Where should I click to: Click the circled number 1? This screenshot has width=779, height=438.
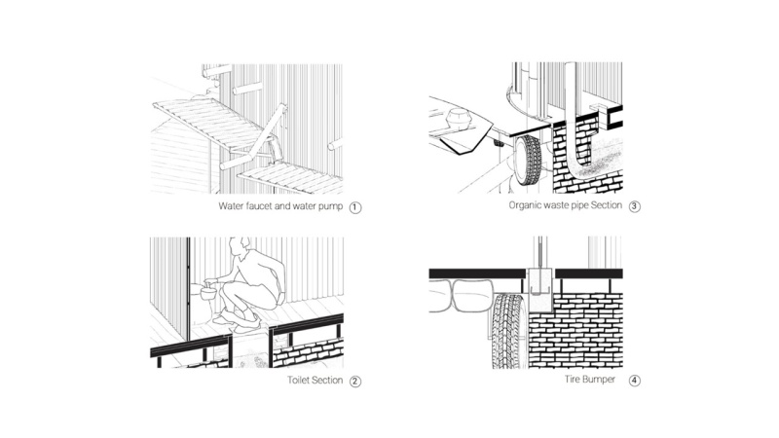(354, 207)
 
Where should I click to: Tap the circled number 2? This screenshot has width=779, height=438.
(354, 382)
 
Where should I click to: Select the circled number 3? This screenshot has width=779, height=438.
(635, 206)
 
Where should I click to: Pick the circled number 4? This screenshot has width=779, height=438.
(635, 381)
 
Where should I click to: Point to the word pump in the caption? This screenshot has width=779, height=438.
(330, 207)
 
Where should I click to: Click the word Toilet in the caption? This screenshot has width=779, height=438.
(300, 380)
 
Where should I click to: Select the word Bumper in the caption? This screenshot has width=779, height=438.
(599, 380)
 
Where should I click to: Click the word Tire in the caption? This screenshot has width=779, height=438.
(572, 380)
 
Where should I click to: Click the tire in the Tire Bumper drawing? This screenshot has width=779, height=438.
(509, 330)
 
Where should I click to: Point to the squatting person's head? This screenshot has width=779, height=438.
(241, 245)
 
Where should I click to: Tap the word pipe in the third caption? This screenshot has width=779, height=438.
(577, 206)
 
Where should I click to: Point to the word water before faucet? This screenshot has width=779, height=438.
(231, 206)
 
